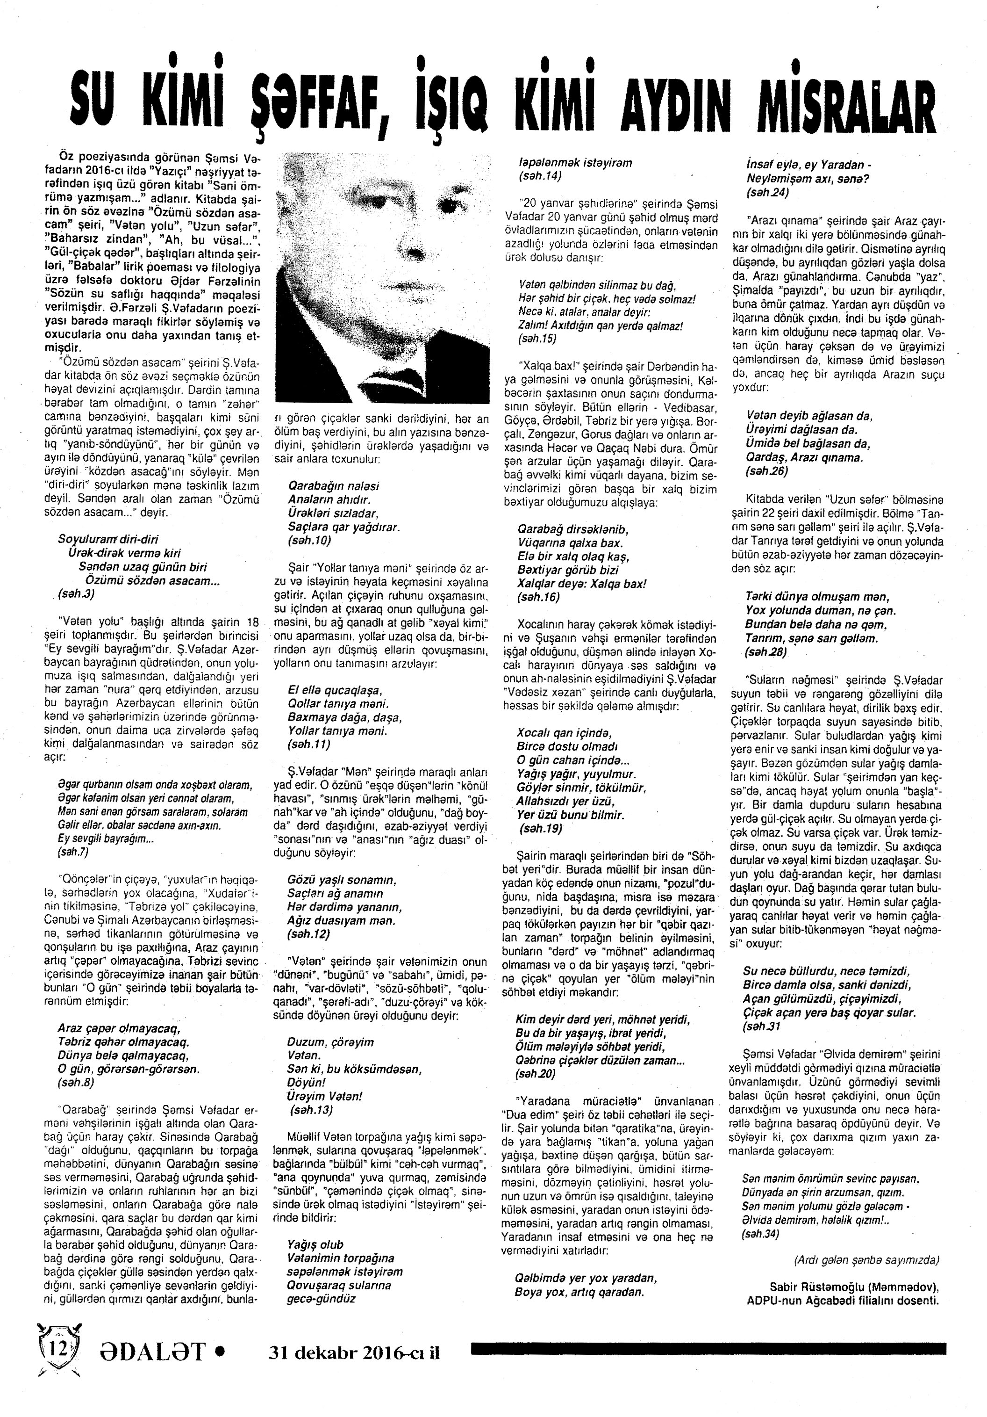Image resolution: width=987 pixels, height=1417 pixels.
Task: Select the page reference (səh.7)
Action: [x=73, y=852]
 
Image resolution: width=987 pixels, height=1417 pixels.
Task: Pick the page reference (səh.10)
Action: [x=309, y=541]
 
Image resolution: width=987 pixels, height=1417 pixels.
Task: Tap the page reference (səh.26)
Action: [x=766, y=471]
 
